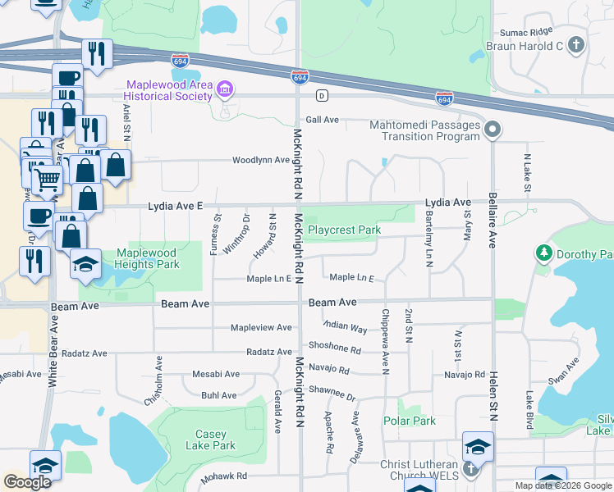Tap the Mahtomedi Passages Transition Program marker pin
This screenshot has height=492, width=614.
pyautogui.click(x=493, y=130)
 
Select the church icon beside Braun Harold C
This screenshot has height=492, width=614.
pyautogui.click(x=576, y=45)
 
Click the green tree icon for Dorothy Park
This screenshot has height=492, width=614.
pyautogui.click(x=543, y=253)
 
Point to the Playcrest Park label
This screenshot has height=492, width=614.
pyautogui.click(x=344, y=230)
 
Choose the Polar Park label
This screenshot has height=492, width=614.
pyautogui.click(x=410, y=421)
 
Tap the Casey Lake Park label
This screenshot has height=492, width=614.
pyautogui.click(x=216, y=440)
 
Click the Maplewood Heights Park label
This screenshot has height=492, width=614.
pyautogui.click(x=147, y=258)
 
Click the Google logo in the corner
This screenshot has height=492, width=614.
pyautogui.click(x=27, y=482)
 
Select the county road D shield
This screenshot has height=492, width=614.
pyautogui.click(x=323, y=96)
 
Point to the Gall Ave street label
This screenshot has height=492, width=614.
pyautogui.click(x=323, y=120)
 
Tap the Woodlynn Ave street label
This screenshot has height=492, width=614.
pyautogui.click(x=261, y=160)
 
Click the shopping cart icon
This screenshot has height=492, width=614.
pyautogui.click(x=48, y=177)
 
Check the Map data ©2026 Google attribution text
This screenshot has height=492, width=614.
pyautogui.click(x=562, y=485)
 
